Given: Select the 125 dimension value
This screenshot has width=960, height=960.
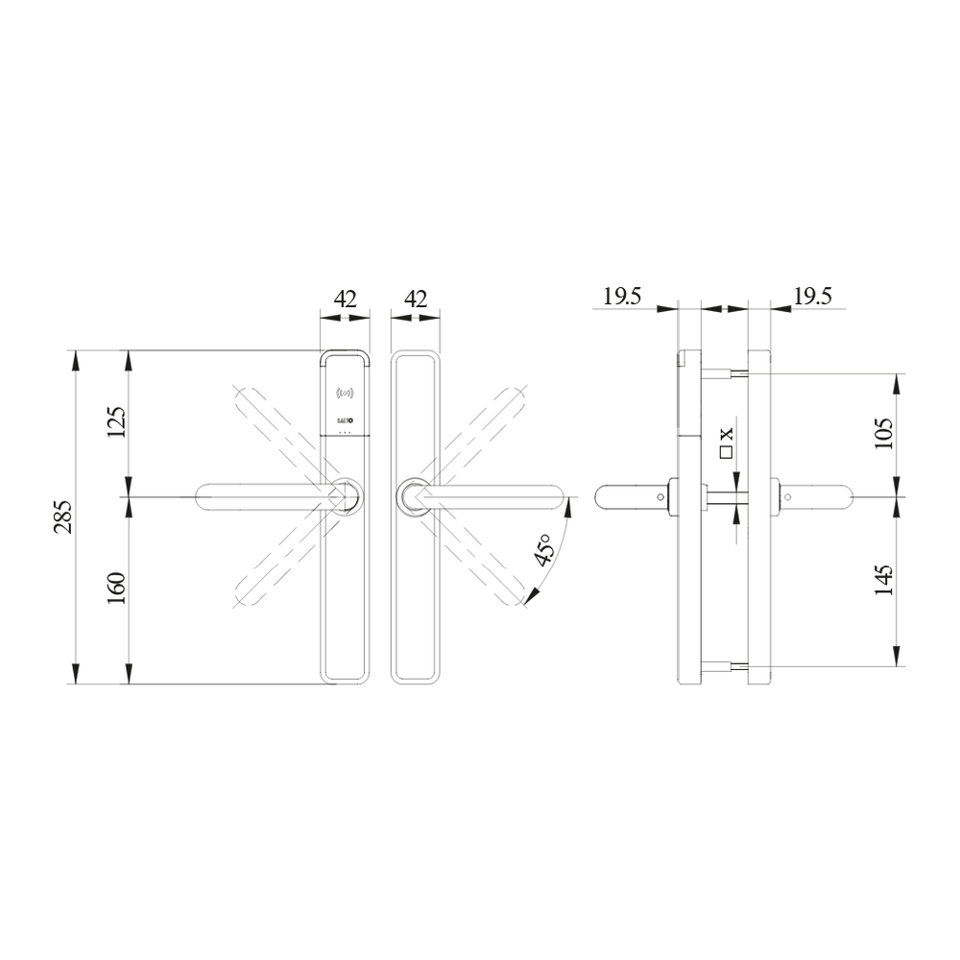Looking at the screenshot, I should tap(115, 422).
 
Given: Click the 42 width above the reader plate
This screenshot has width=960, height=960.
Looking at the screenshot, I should tap(345, 299).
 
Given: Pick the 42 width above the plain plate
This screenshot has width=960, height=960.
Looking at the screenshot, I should tap(415, 299).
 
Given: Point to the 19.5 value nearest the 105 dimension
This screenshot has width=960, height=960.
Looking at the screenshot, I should tap(812, 297).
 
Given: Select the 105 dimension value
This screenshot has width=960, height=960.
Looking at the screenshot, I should tap(884, 433).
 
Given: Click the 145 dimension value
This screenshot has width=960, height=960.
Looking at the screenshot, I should tap(884, 580).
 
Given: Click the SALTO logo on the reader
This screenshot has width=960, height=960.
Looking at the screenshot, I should tap(345, 420).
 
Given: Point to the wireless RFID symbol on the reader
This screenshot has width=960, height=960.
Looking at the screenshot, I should tap(345, 393).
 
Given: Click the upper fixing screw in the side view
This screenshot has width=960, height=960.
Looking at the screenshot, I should tap(724, 373).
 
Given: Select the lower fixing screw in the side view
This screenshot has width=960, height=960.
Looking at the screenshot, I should tap(724, 666).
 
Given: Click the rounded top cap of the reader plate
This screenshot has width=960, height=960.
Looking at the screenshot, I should tap(344, 355).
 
